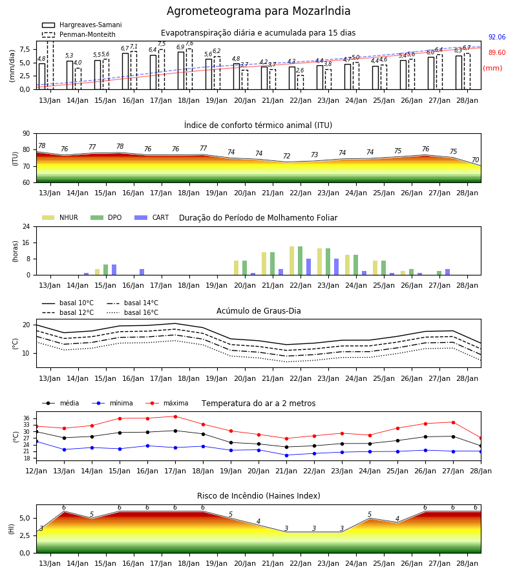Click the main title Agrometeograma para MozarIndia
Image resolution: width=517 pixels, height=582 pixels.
pyautogui.click(x=258, y=11)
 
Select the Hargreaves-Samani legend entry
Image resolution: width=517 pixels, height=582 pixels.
pyautogui.click(x=82, y=25)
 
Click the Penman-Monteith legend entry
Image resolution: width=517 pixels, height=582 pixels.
pyautogui.click(x=79, y=34)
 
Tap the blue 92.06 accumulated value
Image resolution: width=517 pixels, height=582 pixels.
pyautogui.click(x=497, y=37)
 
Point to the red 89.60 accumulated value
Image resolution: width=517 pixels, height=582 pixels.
pyautogui.click(x=497, y=53)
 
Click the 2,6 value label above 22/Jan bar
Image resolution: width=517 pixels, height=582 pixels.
pyautogui.click(x=300, y=70)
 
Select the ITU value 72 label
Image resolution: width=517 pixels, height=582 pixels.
pyautogui.click(x=287, y=156)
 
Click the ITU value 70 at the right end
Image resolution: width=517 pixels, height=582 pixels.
pyautogui.click(x=476, y=160)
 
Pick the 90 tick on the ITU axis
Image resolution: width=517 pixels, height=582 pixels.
pyautogui.click(x=26, y=134)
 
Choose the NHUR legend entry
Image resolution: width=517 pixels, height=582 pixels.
pyautogui.click(x=60, y=217)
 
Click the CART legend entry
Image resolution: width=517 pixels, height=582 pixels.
pyautogui.click(x=152, y=217)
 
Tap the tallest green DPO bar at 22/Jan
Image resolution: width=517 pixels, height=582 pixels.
pyautogui.click(x=300, y=261)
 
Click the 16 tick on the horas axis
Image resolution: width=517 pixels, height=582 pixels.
pyautogui.click(x=26, y=242)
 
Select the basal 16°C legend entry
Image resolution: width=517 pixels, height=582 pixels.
pyautogui.click(x=132, y=312)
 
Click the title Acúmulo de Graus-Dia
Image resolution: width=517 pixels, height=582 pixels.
pyautogui.click(x=258, y=311)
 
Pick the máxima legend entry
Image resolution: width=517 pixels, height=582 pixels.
pyautogui.click(x=167, y=403)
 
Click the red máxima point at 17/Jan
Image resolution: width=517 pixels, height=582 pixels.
pyautogui.click(x=175, y=416)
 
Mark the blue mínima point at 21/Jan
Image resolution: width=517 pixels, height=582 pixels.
pyautogui.click(x=286, y=455)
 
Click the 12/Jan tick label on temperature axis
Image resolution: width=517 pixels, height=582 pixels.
pyautogui.click(x=36, y=471)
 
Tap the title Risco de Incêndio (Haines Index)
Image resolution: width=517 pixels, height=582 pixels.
pyautogui.click(x=258, y=496)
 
